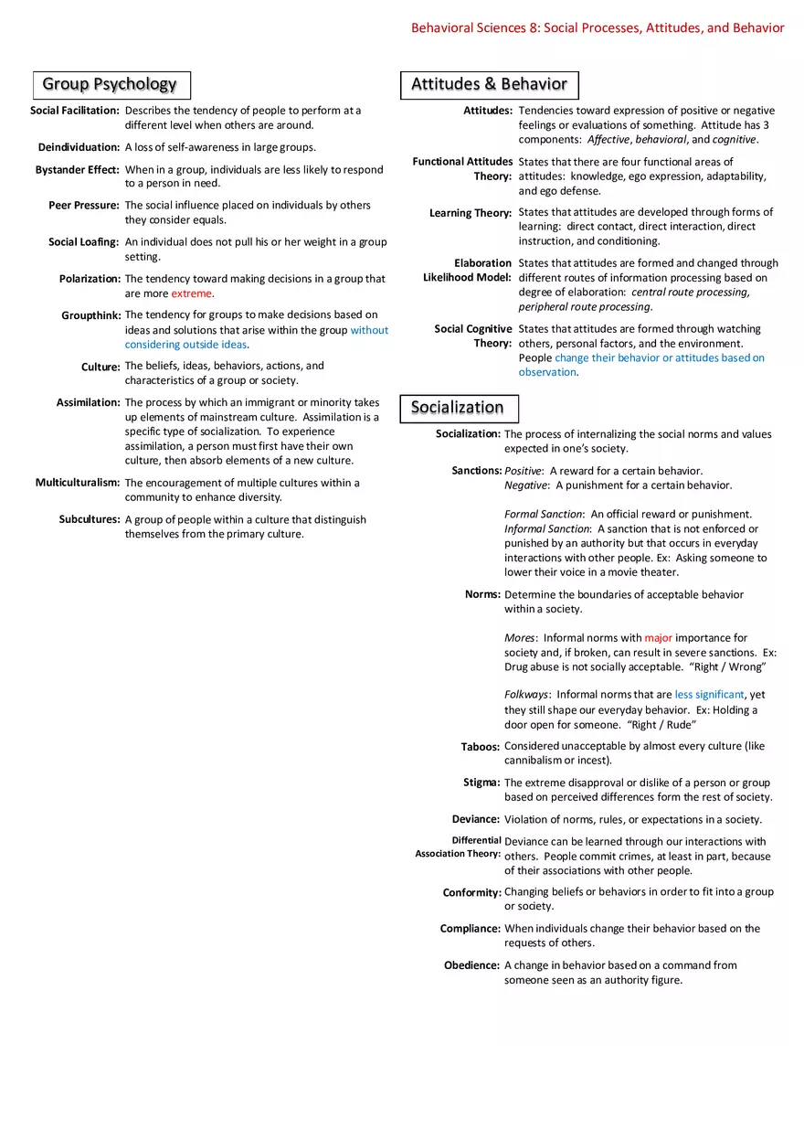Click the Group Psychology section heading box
pyautogui.click(x=111, y=85)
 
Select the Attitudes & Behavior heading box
pyautogui.click(x=489, y=85)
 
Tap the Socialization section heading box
pyautogui.click(x=459, y=408)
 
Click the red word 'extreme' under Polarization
pyautogui.click(x=191, y=293)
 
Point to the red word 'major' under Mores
pyautogui.click(x=658, y=638)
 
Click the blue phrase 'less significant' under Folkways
pyautogui.click(x=709, y=695)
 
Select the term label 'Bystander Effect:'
pyautogui.click(x=78, y=170)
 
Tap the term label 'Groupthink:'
pyautogui.click(x=91, y=315)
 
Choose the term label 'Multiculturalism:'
pyautogui.click(x=78, y=483)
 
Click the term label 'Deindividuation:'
pyautogui.click(x=79, y=147)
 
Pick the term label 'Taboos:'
pyautogui.click(x=481, y=747)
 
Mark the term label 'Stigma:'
pyautogui.click(x=481, y=783)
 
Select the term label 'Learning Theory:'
pyautogui.click(x=471, y=213)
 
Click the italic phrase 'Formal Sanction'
pyautogui.click(x=544, y=514)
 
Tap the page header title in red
pyautogui.click(x=598, y=28)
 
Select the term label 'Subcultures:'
pyautogui.click(x=90, y=519)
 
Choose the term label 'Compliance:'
pyautogui.click(x=471, y=929)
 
